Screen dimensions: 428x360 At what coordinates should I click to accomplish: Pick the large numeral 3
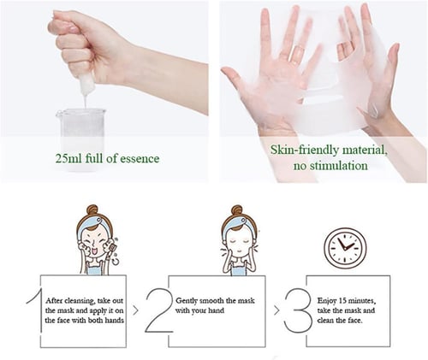pyautogui.click(x=298, y=310)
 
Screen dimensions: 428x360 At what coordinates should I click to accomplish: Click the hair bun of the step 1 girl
pyautogui.click(x=92, y=210)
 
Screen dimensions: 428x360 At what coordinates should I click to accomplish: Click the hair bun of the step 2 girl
pyautogui.click(x=237, y=210)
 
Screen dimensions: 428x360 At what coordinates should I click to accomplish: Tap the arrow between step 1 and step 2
pyautogui.click(x=135, y=310)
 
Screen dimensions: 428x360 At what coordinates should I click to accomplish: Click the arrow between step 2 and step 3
pyautogui.click(x=276, y=310)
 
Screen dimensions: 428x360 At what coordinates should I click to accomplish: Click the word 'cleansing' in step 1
pyautogui.click(x=80, y=301)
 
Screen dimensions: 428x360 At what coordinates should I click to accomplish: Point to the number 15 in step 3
pyautogui.click(x=342, y=300)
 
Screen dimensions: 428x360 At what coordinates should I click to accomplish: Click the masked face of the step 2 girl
pyautogui.click(x=239, y=241)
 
